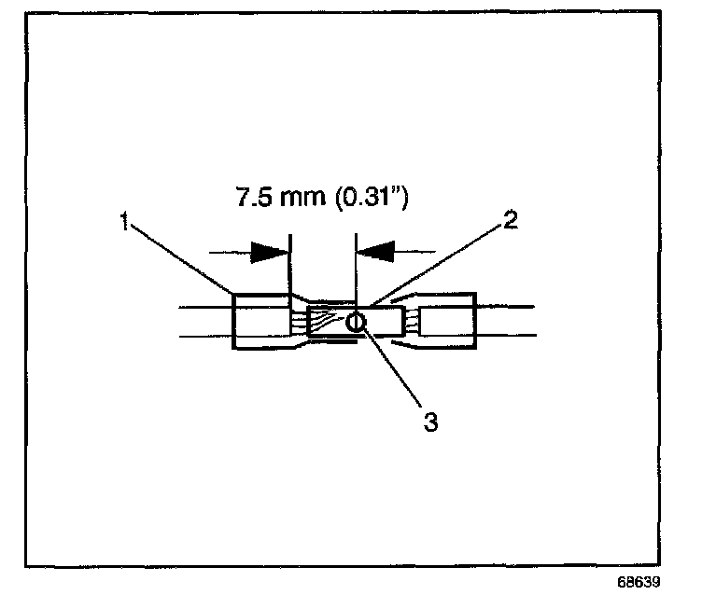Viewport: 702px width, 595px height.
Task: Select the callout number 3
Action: coord(430,422)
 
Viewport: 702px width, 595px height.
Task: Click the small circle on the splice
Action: coord(356,323)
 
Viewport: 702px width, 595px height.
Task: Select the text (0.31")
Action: coord(369,199)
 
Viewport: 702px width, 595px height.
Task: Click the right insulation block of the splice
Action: coord(449,323)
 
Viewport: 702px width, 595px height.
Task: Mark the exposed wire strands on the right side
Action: coord(411,324)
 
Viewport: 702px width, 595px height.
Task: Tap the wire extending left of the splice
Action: coord(201,322)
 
